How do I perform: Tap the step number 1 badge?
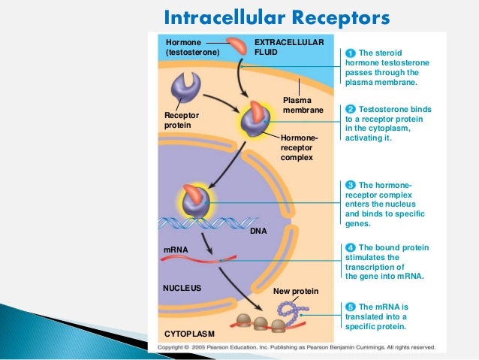[350, 53]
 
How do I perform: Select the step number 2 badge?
[350, 109]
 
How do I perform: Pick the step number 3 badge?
[350, 184]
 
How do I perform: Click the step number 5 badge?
[350, 307]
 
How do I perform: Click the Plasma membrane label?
[303, 105]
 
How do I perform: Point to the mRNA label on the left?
[175, 248]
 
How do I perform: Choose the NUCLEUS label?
[182, 287]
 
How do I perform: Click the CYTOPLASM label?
[188, 333]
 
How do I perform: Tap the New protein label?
[296, 291]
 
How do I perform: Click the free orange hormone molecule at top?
[238, 47]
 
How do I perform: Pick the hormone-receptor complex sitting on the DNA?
[198, 203]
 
